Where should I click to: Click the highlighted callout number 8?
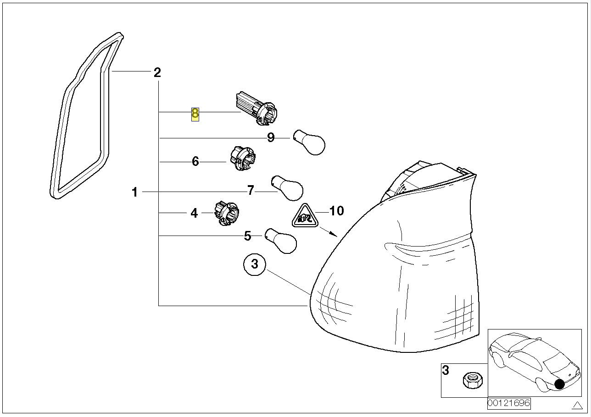coord(195,114)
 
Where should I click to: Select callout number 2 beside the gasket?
coord(157,72)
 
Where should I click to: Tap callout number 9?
coord(271,137)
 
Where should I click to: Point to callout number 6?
coord(195,161)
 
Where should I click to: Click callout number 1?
coord(134,192)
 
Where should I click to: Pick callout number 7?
coord(251,190)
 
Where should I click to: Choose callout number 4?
coord(194,213)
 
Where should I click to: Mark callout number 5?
coord(247,236)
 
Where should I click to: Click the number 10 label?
coord(337,211)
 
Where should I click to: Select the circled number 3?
coord(255,264)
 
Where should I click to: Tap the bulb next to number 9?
coord(309,142)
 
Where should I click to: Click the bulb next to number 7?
coord(288,188)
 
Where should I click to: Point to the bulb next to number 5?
coord(281,241)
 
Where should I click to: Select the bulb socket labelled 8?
coord(256,108)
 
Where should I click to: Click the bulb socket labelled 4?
coord(226,214)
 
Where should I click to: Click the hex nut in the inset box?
coord(473,380)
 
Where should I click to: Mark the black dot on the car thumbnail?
coord(560,384)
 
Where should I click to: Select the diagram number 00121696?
coord(509,403)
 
